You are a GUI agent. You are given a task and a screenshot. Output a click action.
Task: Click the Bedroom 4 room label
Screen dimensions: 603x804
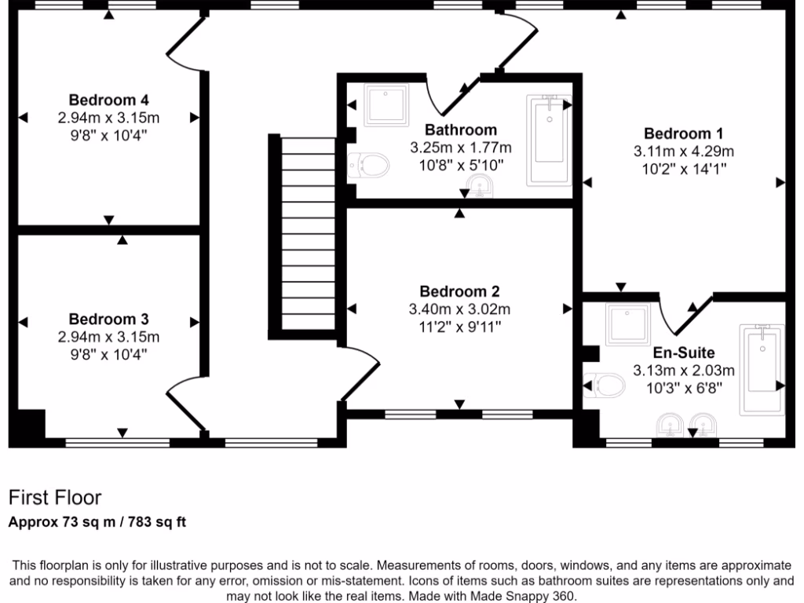coord(108,100)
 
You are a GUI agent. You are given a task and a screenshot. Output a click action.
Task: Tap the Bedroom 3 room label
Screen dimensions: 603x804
coord(108,320)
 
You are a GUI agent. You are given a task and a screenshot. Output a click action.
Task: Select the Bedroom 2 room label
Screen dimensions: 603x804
coord(459,291)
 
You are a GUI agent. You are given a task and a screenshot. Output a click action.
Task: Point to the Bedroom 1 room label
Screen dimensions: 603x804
coord(683,133)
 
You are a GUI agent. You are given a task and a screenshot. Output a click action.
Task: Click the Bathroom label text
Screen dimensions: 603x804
coord(461,130)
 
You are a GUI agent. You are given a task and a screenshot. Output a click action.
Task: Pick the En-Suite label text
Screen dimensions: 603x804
coord(684,353)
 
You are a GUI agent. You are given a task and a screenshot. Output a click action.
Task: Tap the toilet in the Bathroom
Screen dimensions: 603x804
coord(370,166)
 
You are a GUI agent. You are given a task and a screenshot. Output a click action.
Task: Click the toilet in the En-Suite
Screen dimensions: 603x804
coord(605,385)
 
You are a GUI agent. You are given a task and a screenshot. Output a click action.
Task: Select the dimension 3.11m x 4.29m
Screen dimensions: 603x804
coord(683,151)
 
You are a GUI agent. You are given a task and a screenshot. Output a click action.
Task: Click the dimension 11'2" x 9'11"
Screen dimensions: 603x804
coord(459,326)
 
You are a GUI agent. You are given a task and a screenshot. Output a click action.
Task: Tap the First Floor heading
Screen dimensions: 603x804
coord(54,498)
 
